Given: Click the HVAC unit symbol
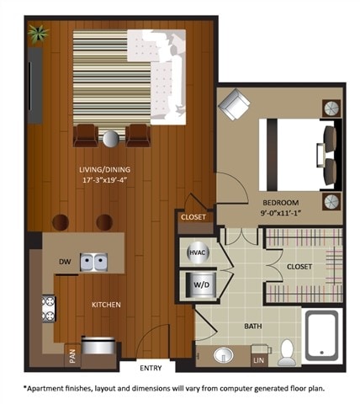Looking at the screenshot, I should click(196, 251).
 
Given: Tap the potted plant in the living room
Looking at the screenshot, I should click(37, 34).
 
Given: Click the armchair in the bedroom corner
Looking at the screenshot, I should click(233, 104).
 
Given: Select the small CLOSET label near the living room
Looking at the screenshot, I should click(193, 218).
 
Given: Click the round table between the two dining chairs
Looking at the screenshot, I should click(112, 136).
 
